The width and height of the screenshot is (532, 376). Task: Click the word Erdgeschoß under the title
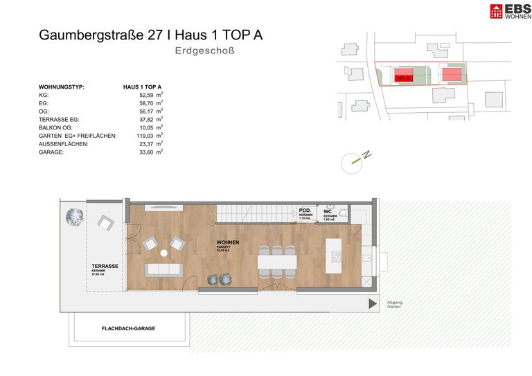[x=206, y=51]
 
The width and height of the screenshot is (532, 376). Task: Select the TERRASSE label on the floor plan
[x=105, y=266]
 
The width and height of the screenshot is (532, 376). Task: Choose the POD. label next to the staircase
[x=305, y=211]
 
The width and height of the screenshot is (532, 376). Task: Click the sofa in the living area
[x=164, y=269]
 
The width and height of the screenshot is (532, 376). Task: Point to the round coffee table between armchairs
[x=163, y=253]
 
